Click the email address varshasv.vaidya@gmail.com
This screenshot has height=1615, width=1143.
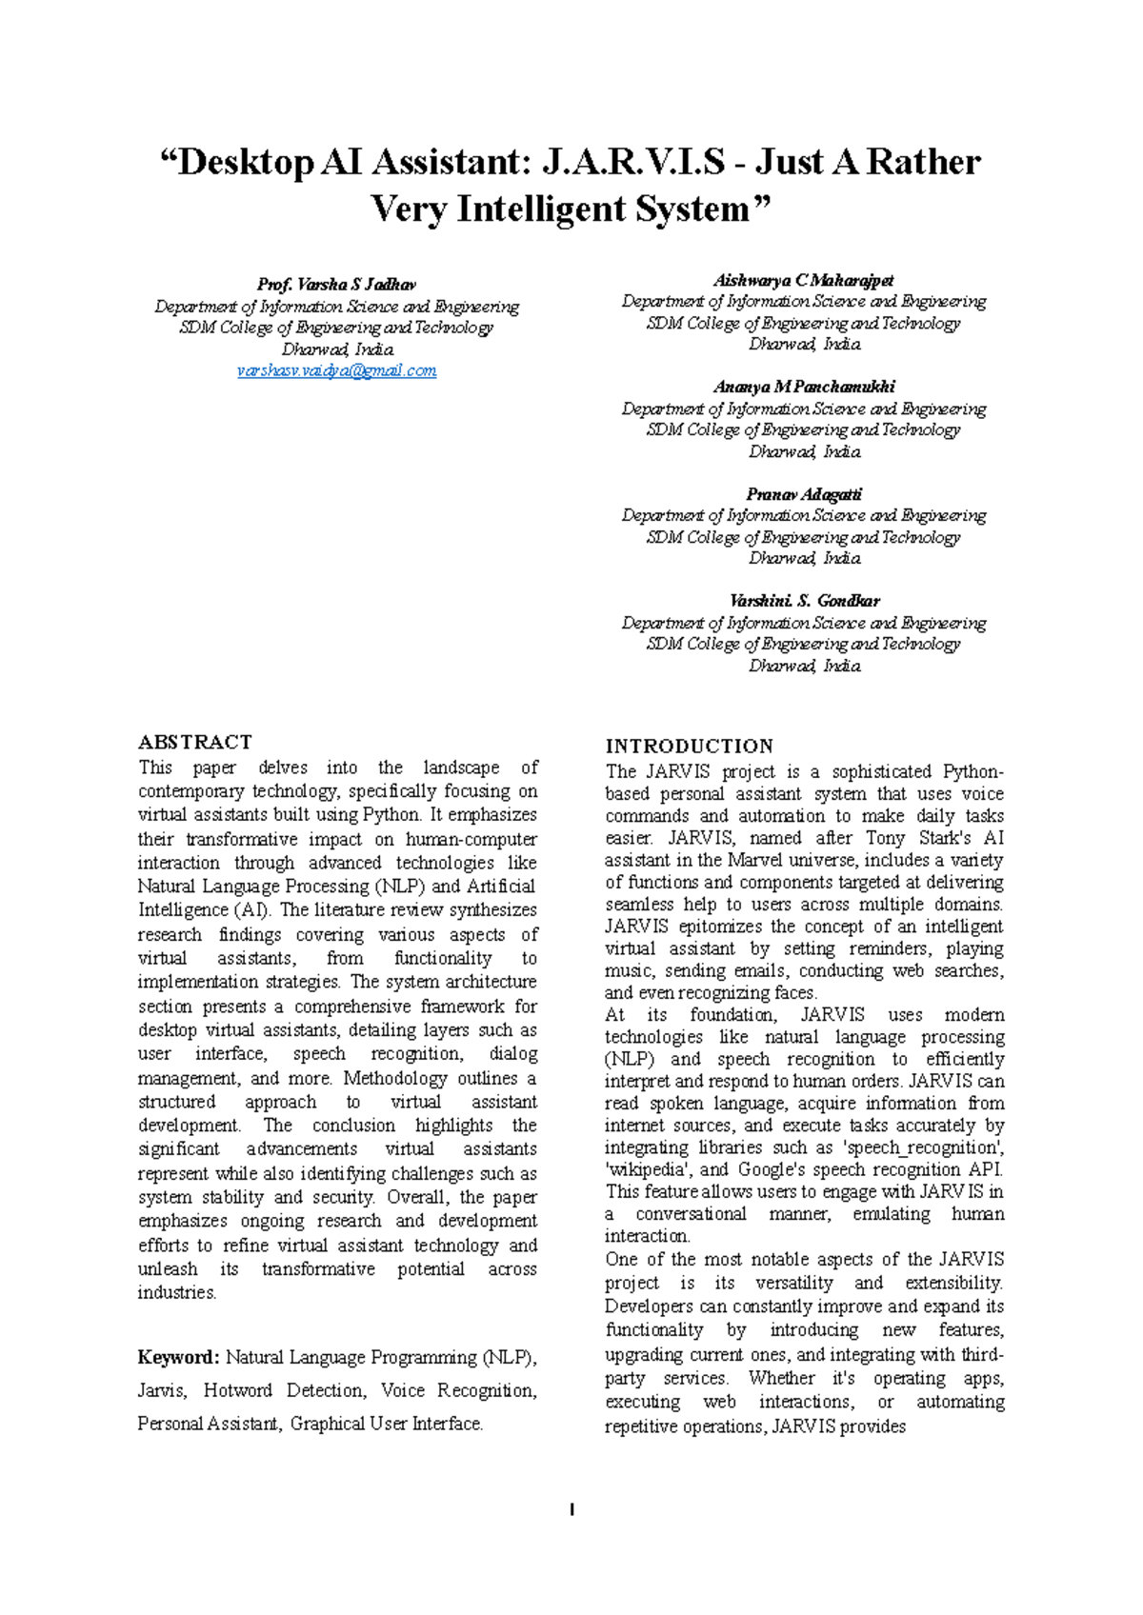point(336,370)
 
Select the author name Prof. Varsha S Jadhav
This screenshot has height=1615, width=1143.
point(336,284)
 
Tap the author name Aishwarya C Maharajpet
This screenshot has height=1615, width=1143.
point(804,280)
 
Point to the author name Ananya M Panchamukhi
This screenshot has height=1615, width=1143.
point(804,387)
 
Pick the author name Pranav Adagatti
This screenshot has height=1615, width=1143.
point(804,494)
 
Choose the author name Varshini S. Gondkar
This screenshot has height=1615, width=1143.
point(804,601)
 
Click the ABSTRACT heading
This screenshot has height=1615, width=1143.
point(195,742)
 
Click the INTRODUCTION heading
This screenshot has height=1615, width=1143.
point(690,746)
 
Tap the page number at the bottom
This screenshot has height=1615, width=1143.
point(571,1509)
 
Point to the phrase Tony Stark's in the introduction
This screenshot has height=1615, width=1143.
point(917,838)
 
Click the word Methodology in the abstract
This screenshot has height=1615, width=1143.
point(394,1078)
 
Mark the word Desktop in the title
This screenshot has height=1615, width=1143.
point(246,162)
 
